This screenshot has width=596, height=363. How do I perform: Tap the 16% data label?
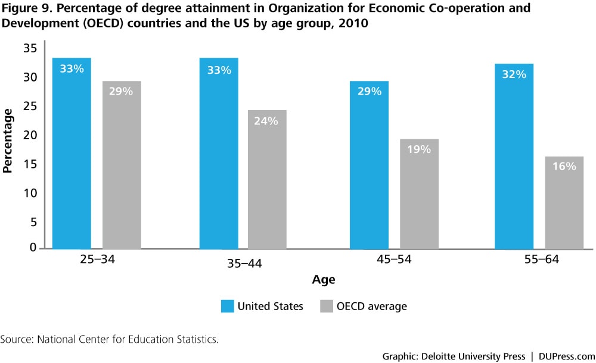coord(564,167)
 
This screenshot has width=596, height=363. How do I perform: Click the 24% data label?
coord(266,121)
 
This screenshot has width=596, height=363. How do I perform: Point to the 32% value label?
coord(514,74)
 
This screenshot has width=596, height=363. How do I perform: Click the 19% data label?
coord(418,149)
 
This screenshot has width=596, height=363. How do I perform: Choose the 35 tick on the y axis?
coord(30,48)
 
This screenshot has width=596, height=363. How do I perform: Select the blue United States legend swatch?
coord(226,306)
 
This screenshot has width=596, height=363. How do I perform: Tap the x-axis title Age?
coord(323,280)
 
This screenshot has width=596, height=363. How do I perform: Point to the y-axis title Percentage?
coord(8,140)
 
